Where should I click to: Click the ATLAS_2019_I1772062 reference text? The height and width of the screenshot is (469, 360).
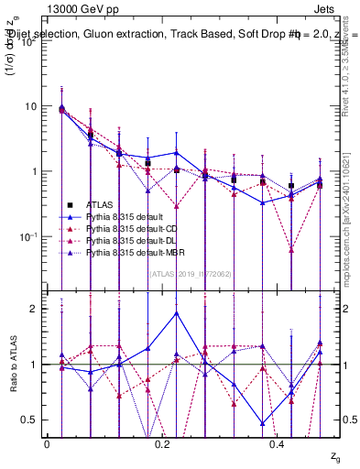tap(190, 272)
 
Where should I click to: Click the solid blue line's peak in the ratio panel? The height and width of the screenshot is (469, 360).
tap(177, 312)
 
